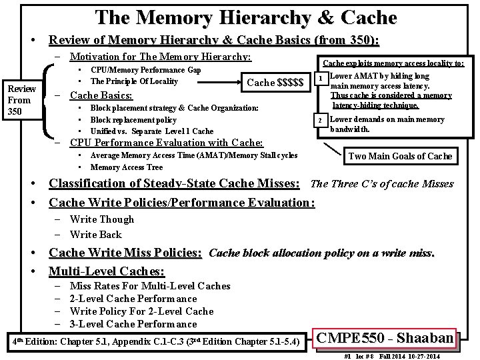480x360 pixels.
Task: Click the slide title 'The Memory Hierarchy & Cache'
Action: pos(246,17)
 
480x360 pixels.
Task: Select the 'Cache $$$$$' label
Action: pos(275,82)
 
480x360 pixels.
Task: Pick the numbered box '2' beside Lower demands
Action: pos(320,120)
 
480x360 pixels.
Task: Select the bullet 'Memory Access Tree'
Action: pos(126,167)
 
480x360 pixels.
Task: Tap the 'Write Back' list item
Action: pos(95,234)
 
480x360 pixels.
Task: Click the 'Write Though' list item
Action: pos(101,219)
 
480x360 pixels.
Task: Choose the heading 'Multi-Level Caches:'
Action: pos(107,271)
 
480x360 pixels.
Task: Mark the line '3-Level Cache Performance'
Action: pos(133,324)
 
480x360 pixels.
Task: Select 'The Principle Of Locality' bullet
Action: pos(134,81)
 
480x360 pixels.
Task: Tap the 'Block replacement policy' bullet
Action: pos(133,119)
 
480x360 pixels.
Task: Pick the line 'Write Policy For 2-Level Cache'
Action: pos(141,311)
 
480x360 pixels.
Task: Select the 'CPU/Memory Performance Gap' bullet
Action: pos(145,70)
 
